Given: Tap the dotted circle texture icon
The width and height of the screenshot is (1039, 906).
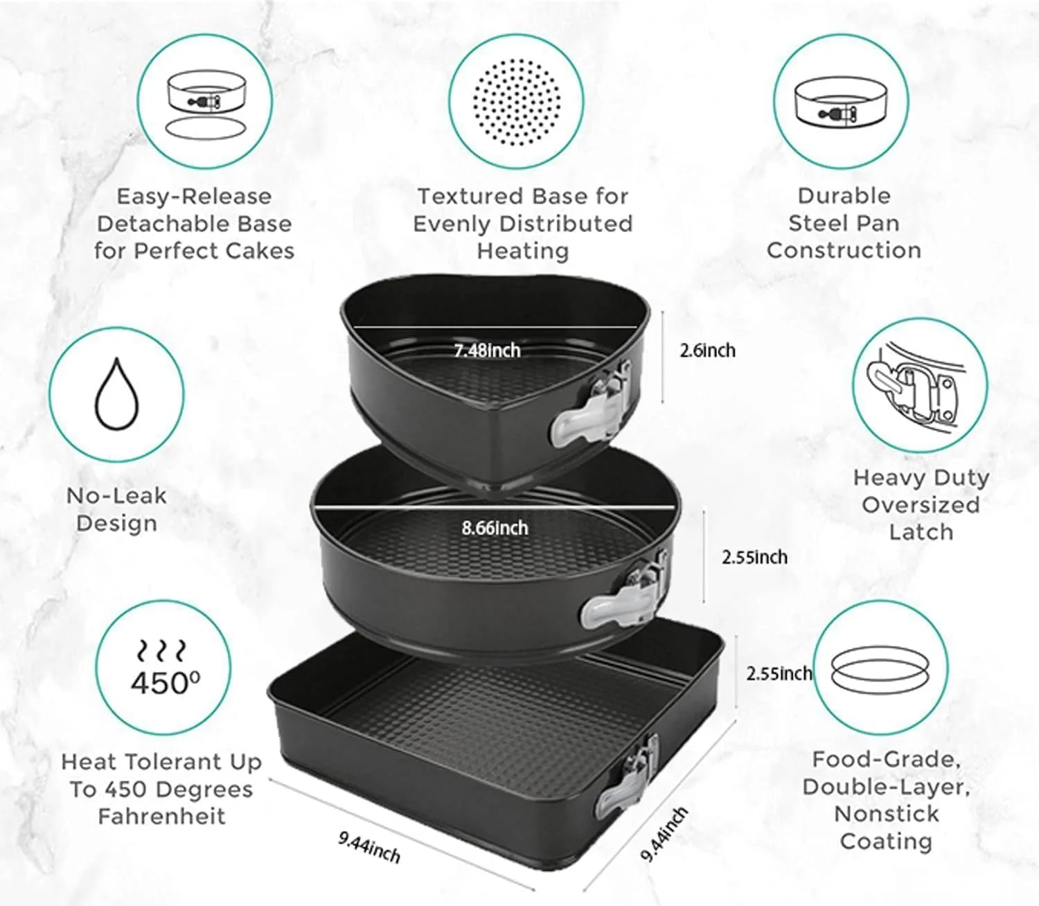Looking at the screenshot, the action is point(517,102).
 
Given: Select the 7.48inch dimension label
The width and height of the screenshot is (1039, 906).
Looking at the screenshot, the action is point(487,350).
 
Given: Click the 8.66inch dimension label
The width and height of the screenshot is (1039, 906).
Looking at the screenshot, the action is point(495,528).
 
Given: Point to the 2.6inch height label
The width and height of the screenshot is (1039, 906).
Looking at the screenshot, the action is point(707,350).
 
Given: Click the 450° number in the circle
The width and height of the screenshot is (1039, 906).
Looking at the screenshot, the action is point(166,682).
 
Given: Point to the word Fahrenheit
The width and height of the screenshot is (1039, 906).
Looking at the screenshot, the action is point(161,817).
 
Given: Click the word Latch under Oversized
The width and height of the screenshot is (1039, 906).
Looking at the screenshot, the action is point(921,532).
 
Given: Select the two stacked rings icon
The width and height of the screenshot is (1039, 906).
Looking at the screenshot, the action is point(880,669).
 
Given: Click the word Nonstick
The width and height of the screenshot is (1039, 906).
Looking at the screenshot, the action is point(886,814).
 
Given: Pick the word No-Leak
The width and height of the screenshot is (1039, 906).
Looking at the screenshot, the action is point(116,496).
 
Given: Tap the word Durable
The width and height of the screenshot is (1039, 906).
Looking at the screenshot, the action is point(844,195).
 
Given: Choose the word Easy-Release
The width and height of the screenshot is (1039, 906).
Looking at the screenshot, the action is point(194,197).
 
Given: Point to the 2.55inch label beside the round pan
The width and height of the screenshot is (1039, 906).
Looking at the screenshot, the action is point(754,557).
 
